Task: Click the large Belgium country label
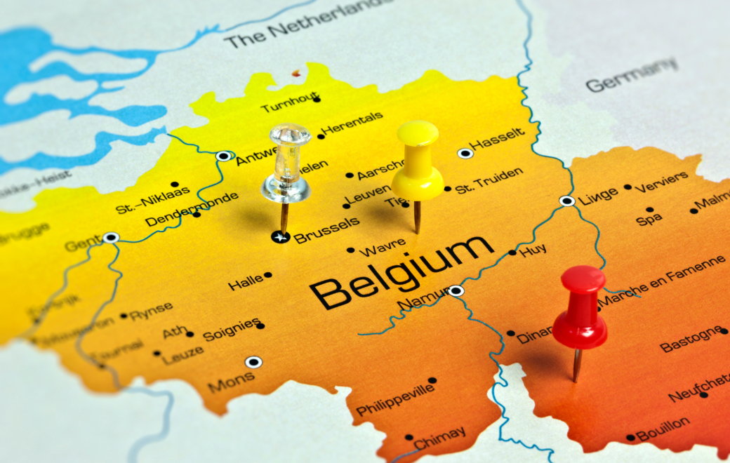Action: point(401,271)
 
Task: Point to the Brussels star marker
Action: point(280,237)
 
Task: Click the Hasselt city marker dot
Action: point(464,153)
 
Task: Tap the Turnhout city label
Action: point(288,105)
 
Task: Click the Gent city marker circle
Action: point(110,238)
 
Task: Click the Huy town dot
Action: point(512,253)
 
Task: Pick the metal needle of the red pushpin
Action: point(577,364)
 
